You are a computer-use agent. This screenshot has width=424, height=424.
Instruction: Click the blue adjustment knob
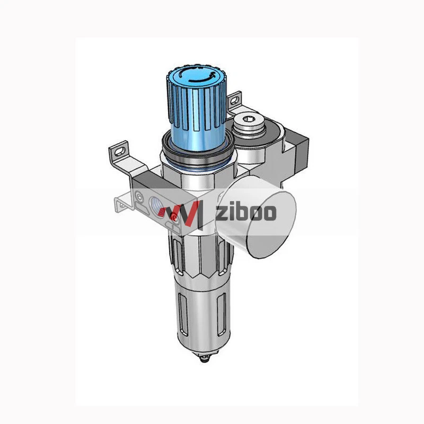tap(197, 108)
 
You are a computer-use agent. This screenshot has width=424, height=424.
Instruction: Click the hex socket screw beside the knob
tap(248, 123)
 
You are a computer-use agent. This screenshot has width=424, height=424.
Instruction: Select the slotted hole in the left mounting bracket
tap(120, 152)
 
